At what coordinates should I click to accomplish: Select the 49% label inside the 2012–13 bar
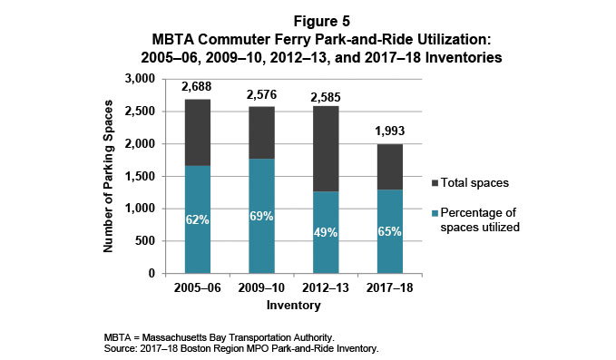326,231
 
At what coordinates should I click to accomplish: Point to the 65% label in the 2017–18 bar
390,230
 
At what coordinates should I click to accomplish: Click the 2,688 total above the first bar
197,88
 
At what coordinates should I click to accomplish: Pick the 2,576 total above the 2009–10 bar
261,95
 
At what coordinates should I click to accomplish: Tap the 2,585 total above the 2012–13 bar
326,95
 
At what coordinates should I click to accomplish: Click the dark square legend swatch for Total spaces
436,182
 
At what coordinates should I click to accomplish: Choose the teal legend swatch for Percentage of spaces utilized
436,213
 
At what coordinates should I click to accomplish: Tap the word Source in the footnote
122,347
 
